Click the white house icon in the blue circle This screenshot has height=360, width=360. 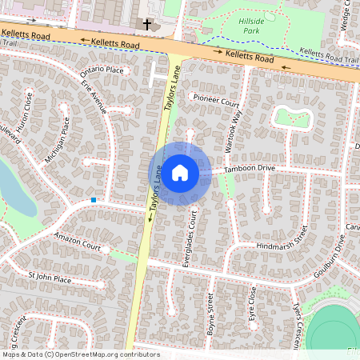tap(180, 173)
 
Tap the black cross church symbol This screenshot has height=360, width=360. tap(146, 25)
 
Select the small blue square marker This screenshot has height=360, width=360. tap(94, 199)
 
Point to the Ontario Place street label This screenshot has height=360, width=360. tap(102, 71)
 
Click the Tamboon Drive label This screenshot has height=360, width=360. tap(249, 169)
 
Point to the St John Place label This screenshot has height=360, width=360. tap(50, 279)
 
